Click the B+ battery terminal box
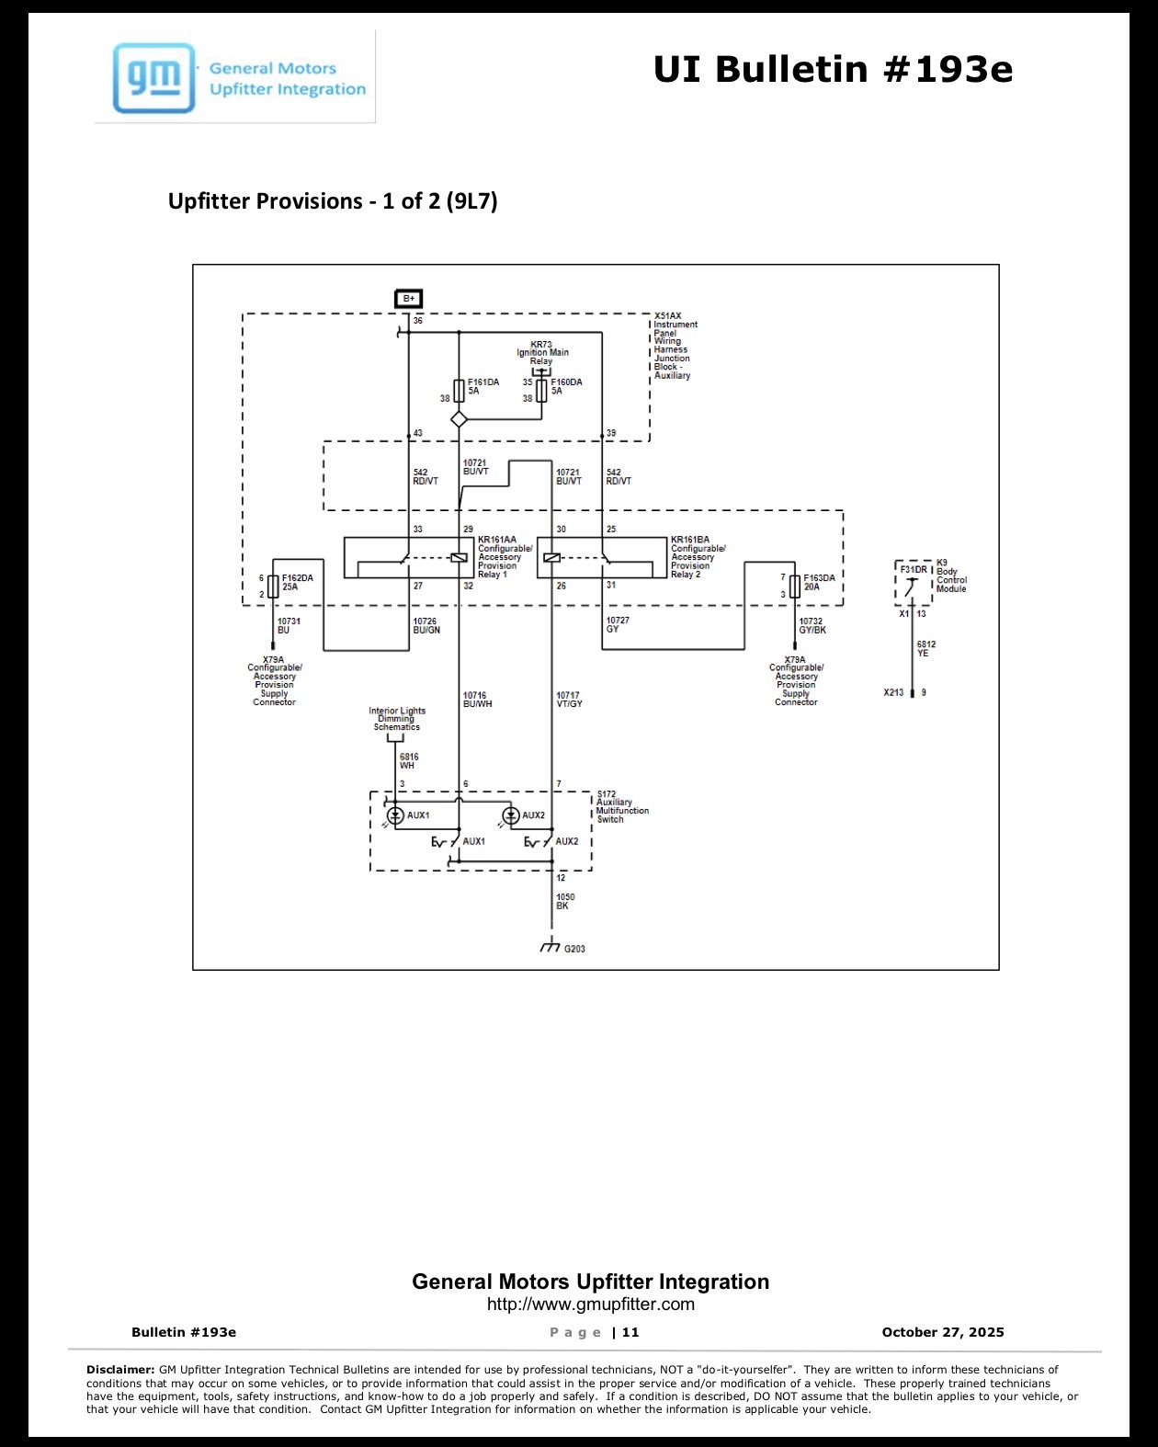coord(408,298)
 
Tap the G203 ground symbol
coord(551,945)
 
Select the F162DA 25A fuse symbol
coord(273,587)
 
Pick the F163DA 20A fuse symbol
coord(795,587)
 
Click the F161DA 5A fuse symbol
coord(459,391)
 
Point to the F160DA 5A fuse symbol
coord(541,391)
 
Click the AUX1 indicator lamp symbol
coord(395,815)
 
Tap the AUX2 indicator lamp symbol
coord(511,815)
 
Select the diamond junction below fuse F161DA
coord(459,419)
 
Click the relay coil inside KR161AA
coord(459,557)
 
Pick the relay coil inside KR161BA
coord(551,557)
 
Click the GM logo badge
coord(154,78)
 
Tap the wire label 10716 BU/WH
coord(478,700)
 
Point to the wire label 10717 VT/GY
coord(569,700)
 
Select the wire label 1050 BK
coord(565,901)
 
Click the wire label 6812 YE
coord(926,648)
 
